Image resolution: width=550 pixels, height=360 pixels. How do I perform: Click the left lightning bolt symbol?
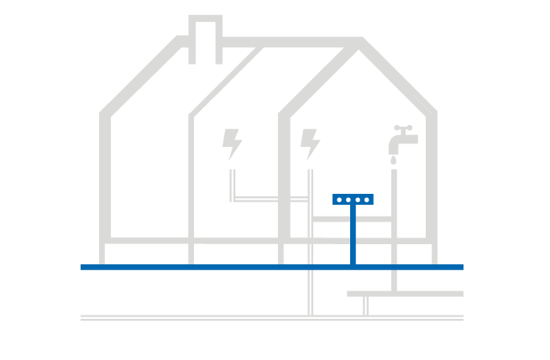click(232, 143)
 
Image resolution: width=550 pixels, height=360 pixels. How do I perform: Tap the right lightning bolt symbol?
click(310, 143)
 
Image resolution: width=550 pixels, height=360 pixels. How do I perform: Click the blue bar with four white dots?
click(353, 200)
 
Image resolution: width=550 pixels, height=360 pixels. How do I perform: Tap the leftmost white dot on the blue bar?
click(339, 200)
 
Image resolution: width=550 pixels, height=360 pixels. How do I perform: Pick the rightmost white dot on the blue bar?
click(367, 200)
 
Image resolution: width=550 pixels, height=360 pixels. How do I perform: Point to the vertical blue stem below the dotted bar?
click(354, 235)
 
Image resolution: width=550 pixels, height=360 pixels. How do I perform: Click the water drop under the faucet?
click(393, 159)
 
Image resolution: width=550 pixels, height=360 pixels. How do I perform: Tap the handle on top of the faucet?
click(404, 128)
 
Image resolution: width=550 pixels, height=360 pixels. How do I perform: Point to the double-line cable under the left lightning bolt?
click(232, 185)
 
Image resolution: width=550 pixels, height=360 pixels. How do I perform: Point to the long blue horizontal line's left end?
click(84, 267)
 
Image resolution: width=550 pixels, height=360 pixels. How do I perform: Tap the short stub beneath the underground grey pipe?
click(365, 305)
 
